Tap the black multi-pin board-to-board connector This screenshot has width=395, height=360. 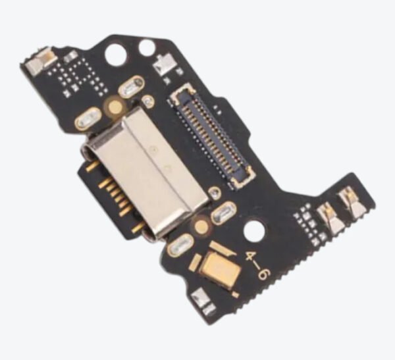point(211,137)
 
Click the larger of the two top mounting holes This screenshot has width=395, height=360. point(117,55)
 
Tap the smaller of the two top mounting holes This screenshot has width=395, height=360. point(146,48)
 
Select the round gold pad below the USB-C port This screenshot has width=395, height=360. point(201,226)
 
